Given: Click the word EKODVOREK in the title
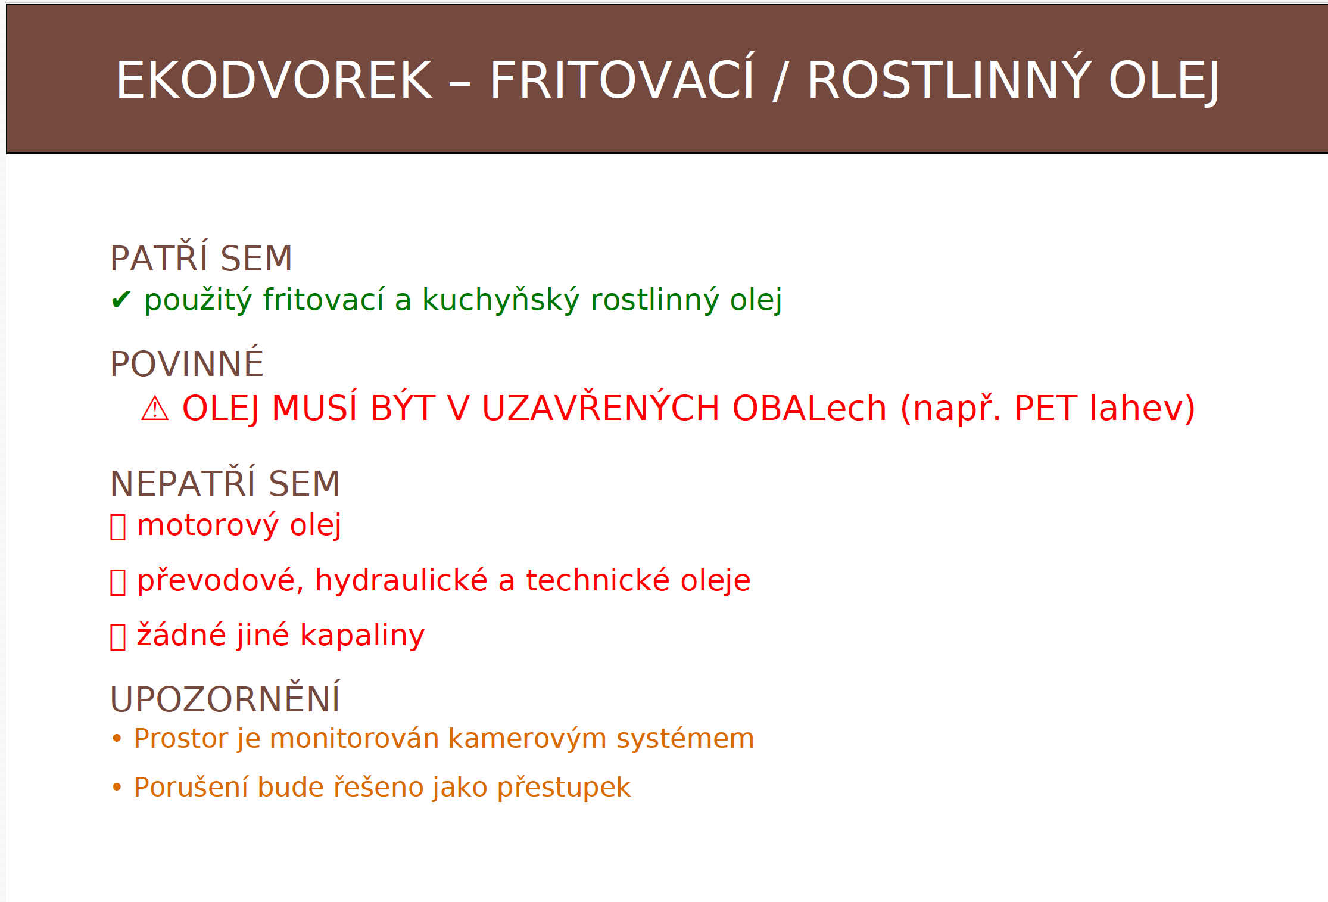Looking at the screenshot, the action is point(274,80).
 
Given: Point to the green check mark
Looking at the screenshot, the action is point(121,300).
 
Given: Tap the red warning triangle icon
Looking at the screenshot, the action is point(155,409).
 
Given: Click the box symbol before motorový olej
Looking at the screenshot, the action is point(118,527).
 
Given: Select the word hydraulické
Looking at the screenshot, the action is point(401,580).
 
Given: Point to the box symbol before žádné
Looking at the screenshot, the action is point(118,636).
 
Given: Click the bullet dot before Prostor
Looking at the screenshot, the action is point(117,739).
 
